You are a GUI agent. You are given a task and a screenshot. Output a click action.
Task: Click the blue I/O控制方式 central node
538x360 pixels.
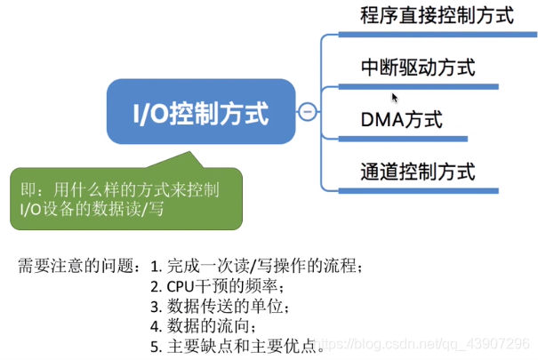[200, 112]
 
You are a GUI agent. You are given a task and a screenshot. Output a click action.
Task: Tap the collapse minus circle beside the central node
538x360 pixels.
[308, 111]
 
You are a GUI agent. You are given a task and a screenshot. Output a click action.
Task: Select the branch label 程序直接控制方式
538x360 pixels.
[437, 15]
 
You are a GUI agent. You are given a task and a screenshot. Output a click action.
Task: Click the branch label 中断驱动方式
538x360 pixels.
[417, 67]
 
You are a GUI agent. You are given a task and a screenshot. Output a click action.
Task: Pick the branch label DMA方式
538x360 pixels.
[401, 119]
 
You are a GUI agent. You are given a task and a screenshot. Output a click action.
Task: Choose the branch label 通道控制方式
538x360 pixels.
[417, 171]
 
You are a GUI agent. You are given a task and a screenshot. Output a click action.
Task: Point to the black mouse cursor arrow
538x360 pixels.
[394, 97]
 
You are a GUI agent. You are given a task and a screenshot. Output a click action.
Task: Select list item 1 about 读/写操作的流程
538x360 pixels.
[257, 265]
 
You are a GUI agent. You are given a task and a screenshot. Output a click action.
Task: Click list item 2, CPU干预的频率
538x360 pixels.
[217, 285]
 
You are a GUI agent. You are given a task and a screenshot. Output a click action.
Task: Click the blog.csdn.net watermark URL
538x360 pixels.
[426, 343]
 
